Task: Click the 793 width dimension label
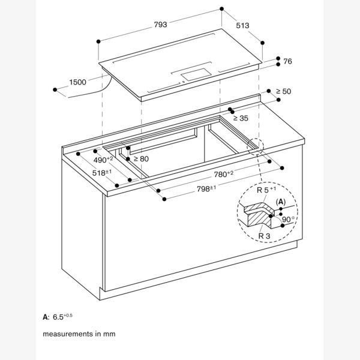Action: click(x=161, y=25)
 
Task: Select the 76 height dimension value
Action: click(x=287, y=62)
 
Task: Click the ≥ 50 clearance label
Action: click(x=283, y=91)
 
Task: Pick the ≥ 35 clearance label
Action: click(x=240, y=118)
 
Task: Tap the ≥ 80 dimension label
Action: click(x=140, y=158)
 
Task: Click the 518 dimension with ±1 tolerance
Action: click(x=102, y=173)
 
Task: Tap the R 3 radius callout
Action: click(x=263, y=236)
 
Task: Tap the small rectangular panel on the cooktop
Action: click(x=195, y=74)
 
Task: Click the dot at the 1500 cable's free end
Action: click(x=55, y=89)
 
